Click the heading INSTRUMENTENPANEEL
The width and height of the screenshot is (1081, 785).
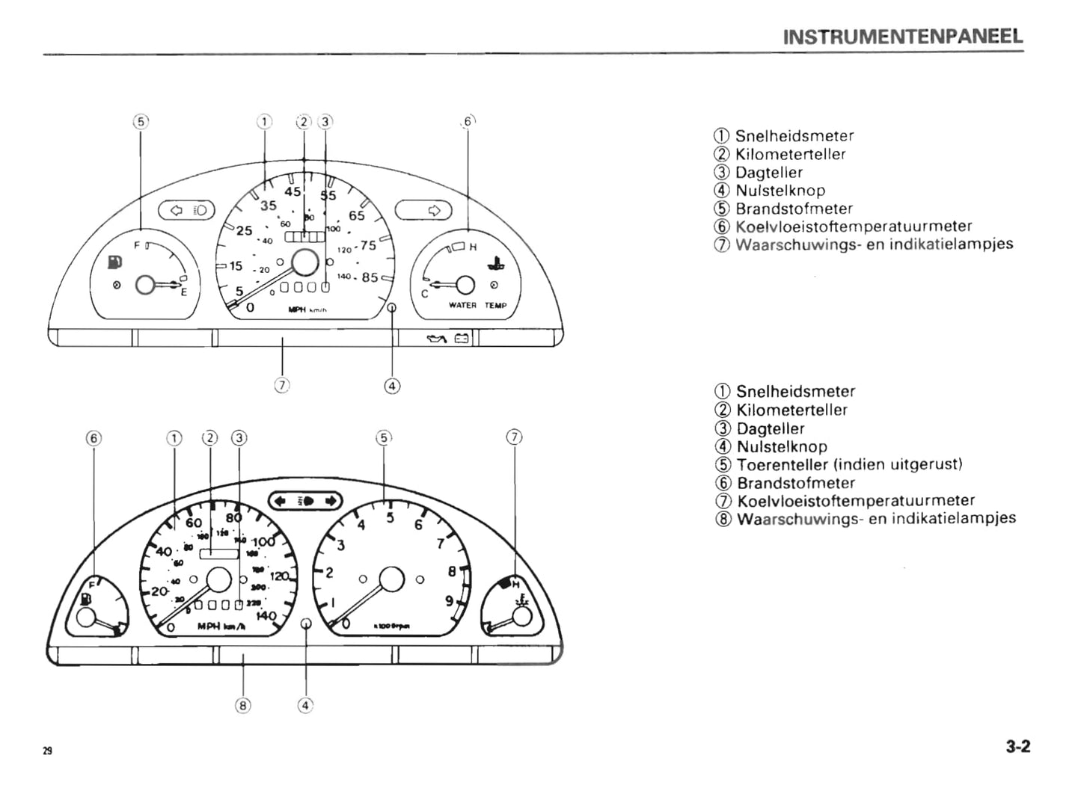[902, 37]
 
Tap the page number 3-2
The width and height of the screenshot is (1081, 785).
[1018, 746]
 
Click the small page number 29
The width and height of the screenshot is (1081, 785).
[47, 751]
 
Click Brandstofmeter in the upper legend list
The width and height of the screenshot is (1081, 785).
[794, 209]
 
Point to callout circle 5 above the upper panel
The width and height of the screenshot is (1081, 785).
[141, 121]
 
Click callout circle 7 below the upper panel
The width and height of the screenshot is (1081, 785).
[281, 385]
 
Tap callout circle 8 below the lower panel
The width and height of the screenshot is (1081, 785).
[242, 704]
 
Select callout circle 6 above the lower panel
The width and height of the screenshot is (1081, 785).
[93, 438]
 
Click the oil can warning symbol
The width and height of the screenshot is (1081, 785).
[435, 339]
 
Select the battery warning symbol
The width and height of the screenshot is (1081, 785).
[462, 339]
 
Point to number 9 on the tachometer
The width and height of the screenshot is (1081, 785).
[449, 600]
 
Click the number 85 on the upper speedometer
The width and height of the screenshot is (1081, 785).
[370, 277]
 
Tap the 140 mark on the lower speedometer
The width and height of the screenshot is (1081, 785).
[266, 616]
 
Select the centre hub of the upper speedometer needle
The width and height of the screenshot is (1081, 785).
[304, 262]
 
